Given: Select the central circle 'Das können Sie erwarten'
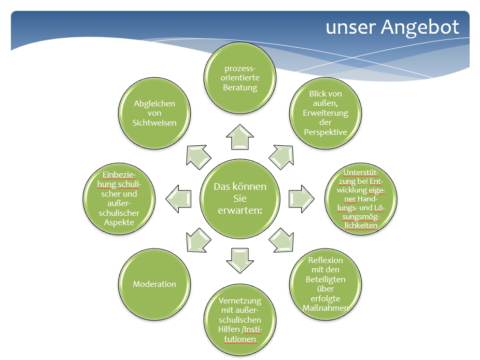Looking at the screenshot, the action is pyautogui.click(x=240, y=199).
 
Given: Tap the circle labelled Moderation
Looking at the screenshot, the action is pyautogui.click(x=154, y=284).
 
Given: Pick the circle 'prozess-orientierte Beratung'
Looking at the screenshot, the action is pyautogui.click(x=240, y=77).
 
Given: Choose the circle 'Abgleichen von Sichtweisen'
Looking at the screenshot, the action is pyautogui.click(x=154, y=113).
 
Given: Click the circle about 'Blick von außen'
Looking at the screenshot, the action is pyautogui.click(x=326, y=113).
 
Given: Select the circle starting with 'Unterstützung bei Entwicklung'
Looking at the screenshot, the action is pyautogui.click(x=361, y=199).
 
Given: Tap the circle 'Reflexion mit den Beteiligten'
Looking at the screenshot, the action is pyautogui.click(x=326, y=284).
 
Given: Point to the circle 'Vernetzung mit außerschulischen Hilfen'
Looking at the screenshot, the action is pyautogui.click(x=240, y=320).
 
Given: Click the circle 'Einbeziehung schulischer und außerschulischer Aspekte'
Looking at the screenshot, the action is pyautogui.click(x=119, y=199).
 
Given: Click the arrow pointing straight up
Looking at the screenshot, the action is pyautogui.click(x=240, y=137).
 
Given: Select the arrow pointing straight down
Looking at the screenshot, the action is pyautogui.click(x=240, y=261).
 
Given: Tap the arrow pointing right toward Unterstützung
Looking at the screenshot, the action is pyautogui.click(x=302, y=199).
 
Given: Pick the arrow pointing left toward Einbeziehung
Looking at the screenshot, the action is pyautogui.click(x=178, y=199).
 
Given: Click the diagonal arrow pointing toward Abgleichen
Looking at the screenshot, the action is pyautogui.click(x=198, y=157).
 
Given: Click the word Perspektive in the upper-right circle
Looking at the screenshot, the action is pyautogui.click(x=326, y=132).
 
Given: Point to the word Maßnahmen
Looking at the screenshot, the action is pyautogui.click(x=326, y=308).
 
